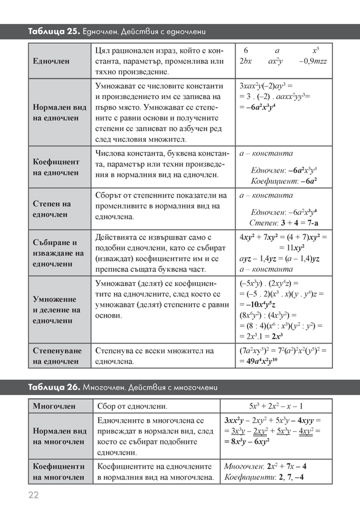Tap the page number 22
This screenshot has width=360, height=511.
point(33,495)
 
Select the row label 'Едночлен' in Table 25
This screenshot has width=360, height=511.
point(52,61)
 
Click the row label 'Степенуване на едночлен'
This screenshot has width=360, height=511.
point(56,355)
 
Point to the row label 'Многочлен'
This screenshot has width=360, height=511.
point(55,407)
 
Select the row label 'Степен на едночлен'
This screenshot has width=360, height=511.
point(52,208)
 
